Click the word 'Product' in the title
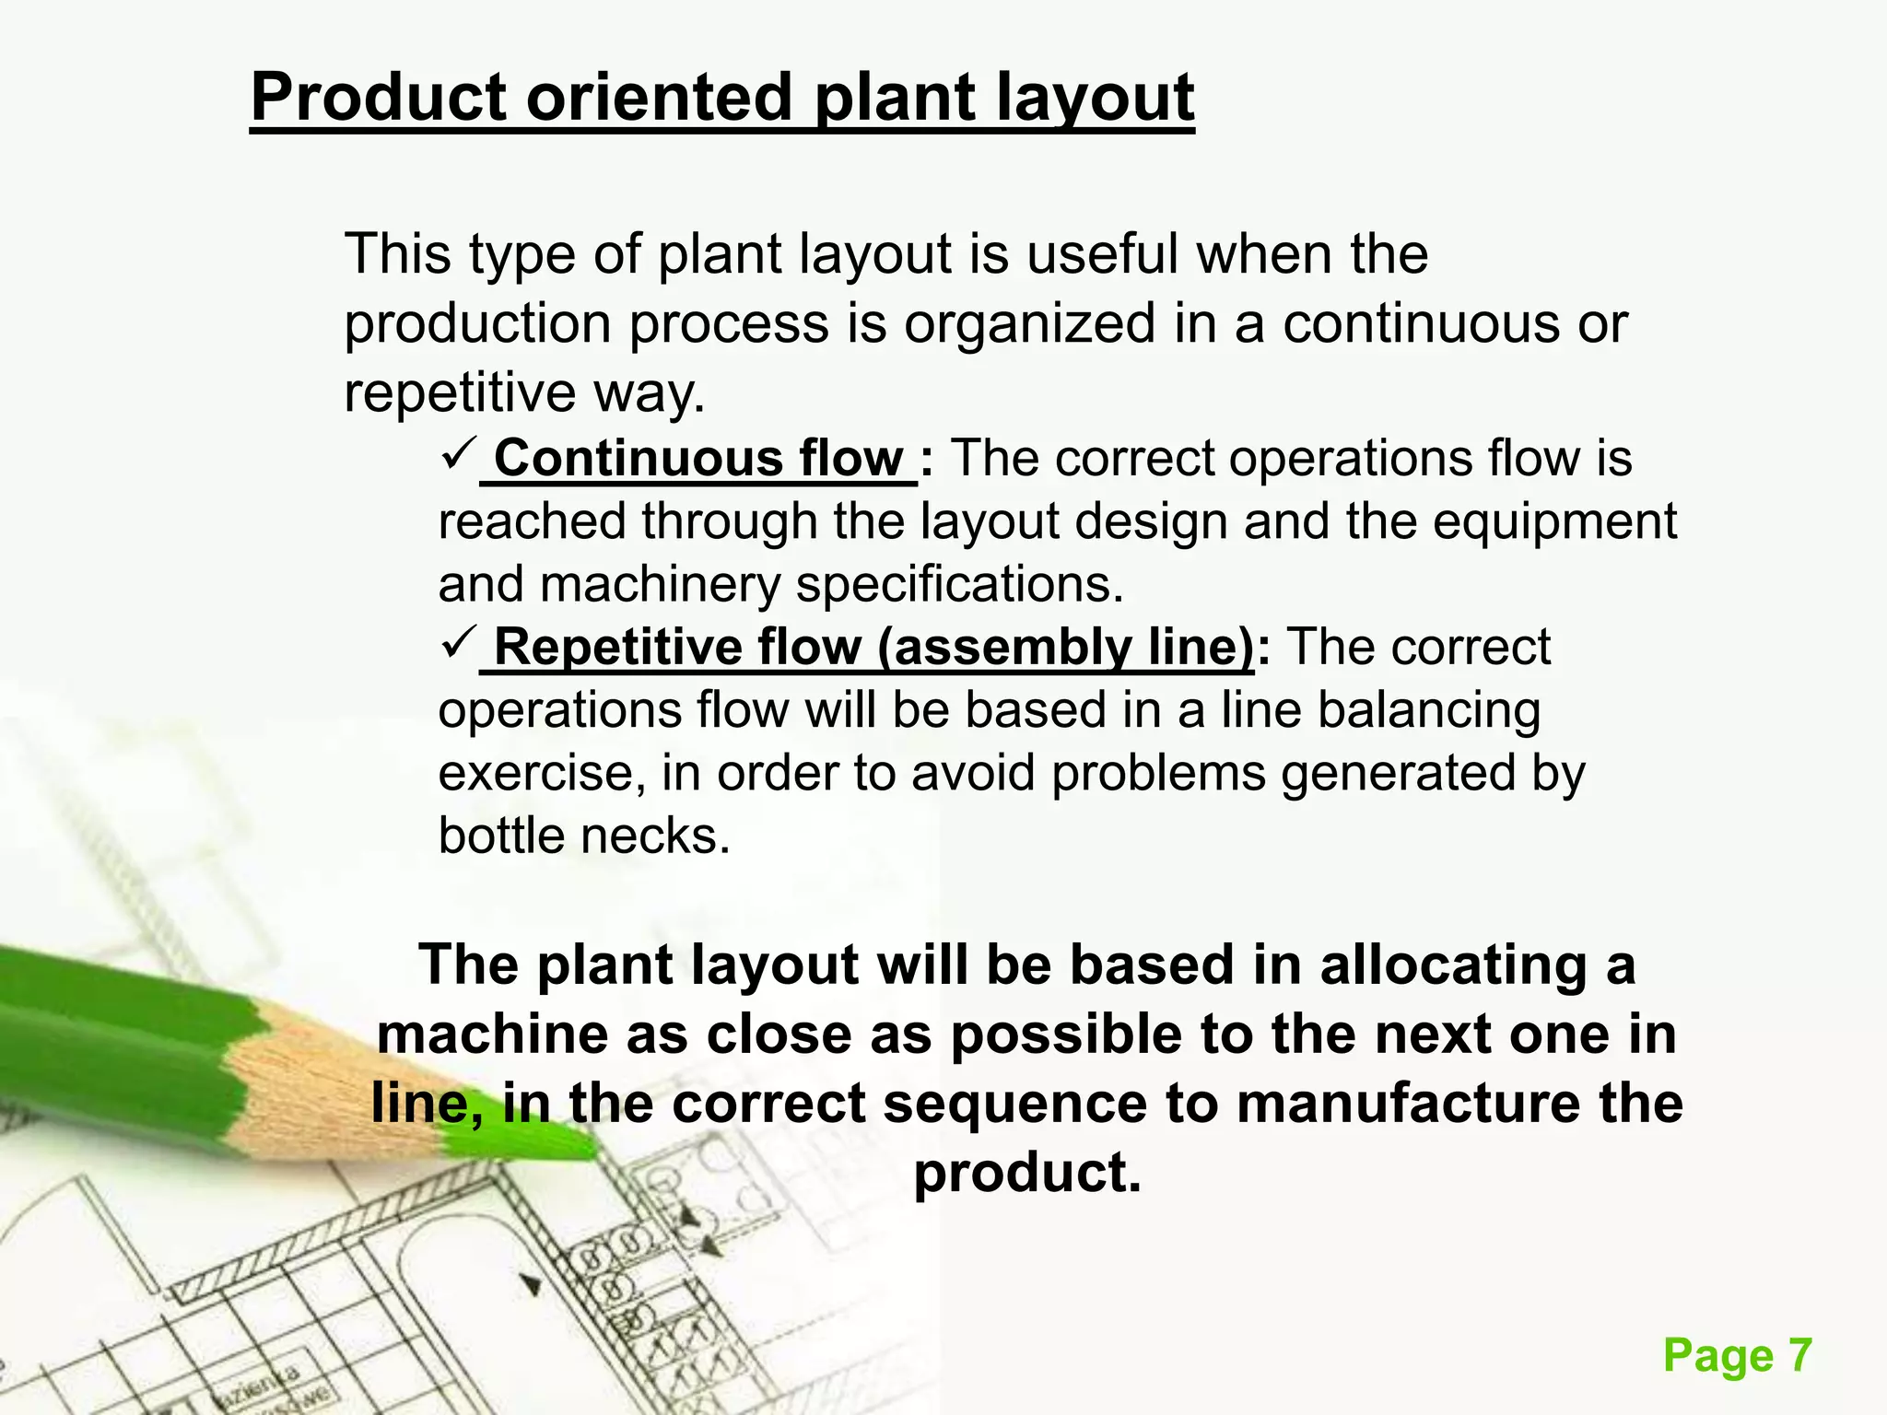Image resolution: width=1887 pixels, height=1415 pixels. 378,98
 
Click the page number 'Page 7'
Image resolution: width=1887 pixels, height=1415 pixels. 1738,1356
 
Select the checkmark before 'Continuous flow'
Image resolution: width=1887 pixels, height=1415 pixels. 457,453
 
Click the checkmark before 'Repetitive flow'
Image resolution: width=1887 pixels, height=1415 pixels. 457,641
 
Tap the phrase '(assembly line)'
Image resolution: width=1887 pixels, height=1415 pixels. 1065,647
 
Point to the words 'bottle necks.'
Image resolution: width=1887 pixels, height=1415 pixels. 584,836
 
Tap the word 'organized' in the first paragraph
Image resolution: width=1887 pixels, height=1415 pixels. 1029,323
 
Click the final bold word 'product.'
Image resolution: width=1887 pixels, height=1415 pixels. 1027,1172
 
